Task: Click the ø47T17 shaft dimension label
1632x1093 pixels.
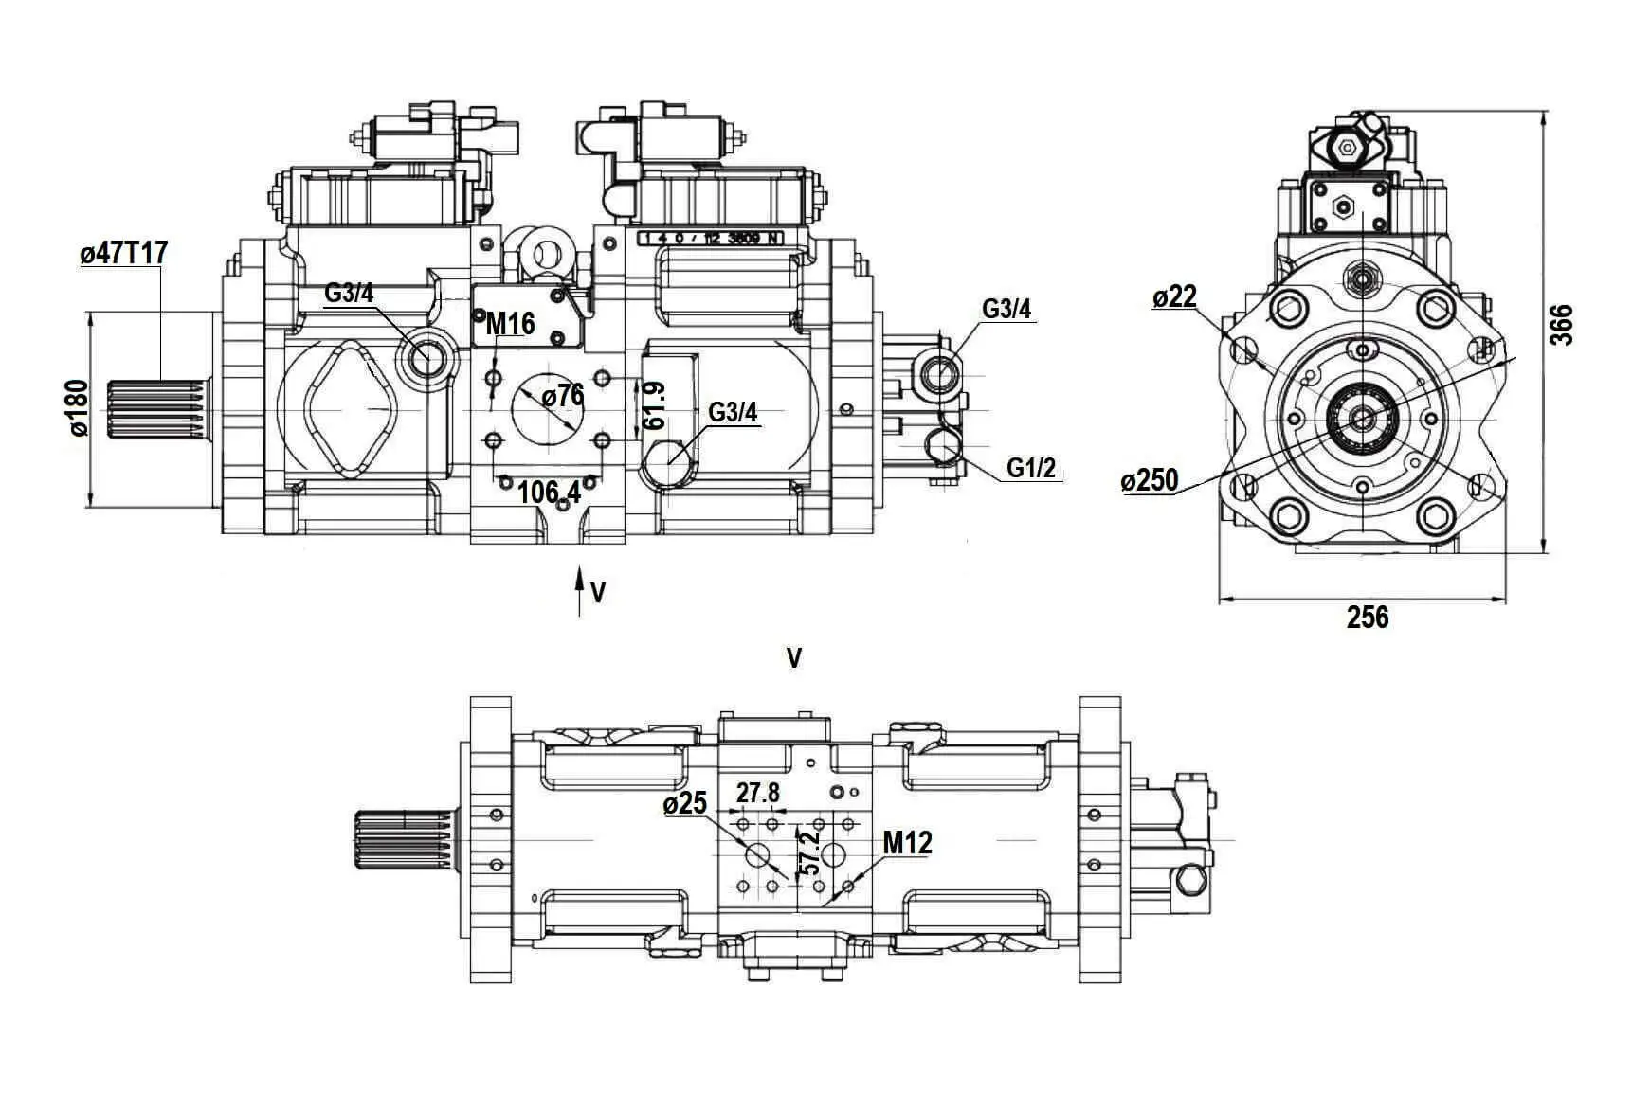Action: pyautogui.click(x=124, y=254)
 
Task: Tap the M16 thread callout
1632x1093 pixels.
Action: pyautogui.click(x=510, y=324)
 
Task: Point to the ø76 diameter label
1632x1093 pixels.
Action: pyautogui.click(x=563, y=396)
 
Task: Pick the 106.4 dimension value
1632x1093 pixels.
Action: pyautogui.click(x=550, y=492)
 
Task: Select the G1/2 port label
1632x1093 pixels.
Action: pyautogui.click(x=1031, y=468)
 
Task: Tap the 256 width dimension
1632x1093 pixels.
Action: pyautogui.click(x=1368, y=618)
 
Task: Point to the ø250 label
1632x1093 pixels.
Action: pyautogui.click(x=1150, y=481)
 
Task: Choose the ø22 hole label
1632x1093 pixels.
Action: pyautogui.click(x=1174, y=297)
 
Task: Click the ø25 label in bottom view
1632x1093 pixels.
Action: pyautogui.click(x=685, y=804)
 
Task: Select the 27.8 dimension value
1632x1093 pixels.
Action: pyautogui.click(x=758, y=792)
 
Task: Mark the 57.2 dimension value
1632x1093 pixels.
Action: pyautogui.click(x=808, y=851)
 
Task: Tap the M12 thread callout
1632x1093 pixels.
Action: pyautogui.click(x=907, y=842)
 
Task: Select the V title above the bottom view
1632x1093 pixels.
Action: pyautogui.click(x=794, y=658)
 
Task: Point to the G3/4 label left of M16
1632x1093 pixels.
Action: pyautogui.click(x=349, y=293)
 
